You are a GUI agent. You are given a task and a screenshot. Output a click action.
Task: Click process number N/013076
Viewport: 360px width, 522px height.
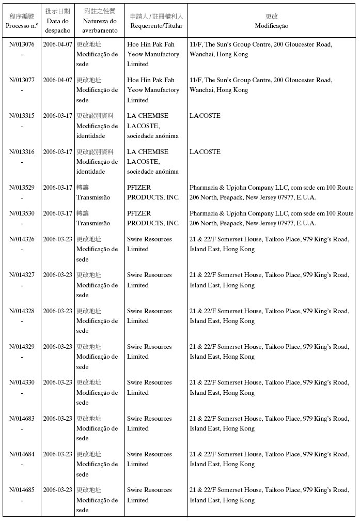[x=22, y=44]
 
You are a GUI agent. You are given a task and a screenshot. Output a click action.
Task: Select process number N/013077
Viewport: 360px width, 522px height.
[x=22, y=80]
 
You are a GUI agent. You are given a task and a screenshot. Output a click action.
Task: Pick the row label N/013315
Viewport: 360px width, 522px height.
[x=22, y=116]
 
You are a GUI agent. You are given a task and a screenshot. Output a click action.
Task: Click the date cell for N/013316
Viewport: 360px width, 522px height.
[x=57, y=152]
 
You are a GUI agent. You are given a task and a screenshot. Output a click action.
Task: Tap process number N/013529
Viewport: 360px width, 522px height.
[x=22, y=188]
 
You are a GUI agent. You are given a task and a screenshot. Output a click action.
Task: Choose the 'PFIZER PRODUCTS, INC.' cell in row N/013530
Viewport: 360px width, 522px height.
[x=153, y=218]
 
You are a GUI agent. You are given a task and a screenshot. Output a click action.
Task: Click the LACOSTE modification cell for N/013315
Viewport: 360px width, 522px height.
[x=205, y=116]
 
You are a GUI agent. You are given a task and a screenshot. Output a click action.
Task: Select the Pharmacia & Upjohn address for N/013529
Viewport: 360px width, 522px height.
[x=271, y=192]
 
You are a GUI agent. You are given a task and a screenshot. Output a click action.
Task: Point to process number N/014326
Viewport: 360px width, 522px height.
[x=22, y=239]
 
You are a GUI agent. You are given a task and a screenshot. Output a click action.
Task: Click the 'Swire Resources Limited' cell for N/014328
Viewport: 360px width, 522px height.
[x=149, y=316]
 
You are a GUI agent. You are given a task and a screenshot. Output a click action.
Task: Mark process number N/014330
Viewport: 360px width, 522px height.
[x=22, y=382]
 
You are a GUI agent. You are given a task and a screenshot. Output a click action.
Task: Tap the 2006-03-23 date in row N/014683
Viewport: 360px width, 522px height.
[x=57, y=419]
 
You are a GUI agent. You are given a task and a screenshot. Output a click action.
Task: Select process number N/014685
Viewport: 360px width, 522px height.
[x=22, y=490]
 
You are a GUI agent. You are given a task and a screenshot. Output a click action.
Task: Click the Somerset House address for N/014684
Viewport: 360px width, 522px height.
[x=269, y=459]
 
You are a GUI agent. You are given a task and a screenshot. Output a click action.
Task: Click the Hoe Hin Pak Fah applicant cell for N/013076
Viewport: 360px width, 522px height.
[x=153, y=54]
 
